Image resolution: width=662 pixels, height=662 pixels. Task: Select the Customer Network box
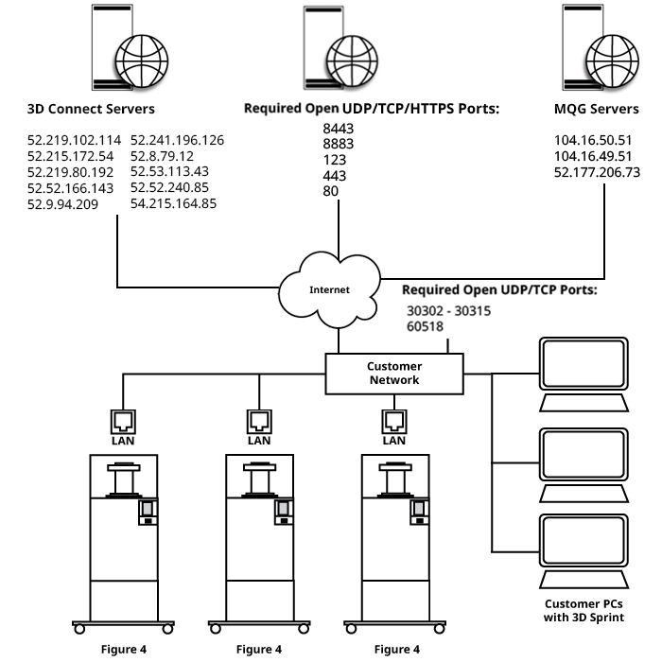tap(394, 373)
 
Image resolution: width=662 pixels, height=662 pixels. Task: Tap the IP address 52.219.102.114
tap(75, 140)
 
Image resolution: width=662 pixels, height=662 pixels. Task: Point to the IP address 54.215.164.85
tap(173, 203)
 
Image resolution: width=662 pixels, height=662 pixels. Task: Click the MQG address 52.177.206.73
tap(597, 172)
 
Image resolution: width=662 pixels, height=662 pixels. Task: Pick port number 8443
tap(338, 128)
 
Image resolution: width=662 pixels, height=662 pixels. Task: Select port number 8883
tap(338, 144)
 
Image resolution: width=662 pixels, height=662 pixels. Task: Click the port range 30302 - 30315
tap(449, 309)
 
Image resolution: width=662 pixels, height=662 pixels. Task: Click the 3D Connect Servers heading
tap(91, 109)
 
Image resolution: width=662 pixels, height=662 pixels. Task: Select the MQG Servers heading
tap(596, 109)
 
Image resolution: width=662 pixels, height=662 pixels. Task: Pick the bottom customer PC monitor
tap(582, 540)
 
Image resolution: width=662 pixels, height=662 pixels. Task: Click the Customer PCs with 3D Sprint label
tap(584, 611)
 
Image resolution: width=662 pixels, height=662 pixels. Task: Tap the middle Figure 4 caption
tap(259, 649)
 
